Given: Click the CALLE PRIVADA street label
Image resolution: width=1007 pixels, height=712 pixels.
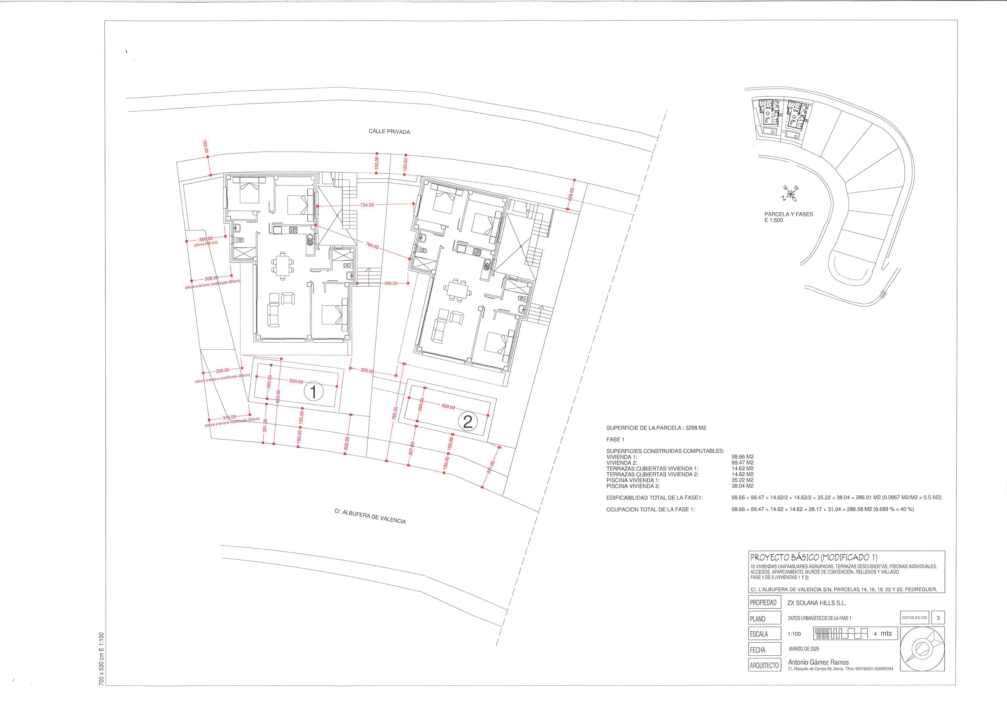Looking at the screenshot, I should (x=389, y=131).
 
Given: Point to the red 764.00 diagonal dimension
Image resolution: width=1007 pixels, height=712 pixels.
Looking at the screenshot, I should (x=372, y=246).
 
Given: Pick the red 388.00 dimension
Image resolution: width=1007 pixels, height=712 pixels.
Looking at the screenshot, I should (x=390, y=284).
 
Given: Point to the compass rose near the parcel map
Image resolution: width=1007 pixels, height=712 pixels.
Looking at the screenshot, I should (x=790, y=193).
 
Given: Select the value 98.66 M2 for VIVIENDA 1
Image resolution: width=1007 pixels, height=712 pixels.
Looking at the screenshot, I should (x=742, y=457).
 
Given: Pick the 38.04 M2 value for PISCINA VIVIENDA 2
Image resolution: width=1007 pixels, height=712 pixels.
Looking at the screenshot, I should (x=742, y=486).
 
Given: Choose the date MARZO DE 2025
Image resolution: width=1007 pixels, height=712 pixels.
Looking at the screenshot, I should (x=804, y=649).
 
